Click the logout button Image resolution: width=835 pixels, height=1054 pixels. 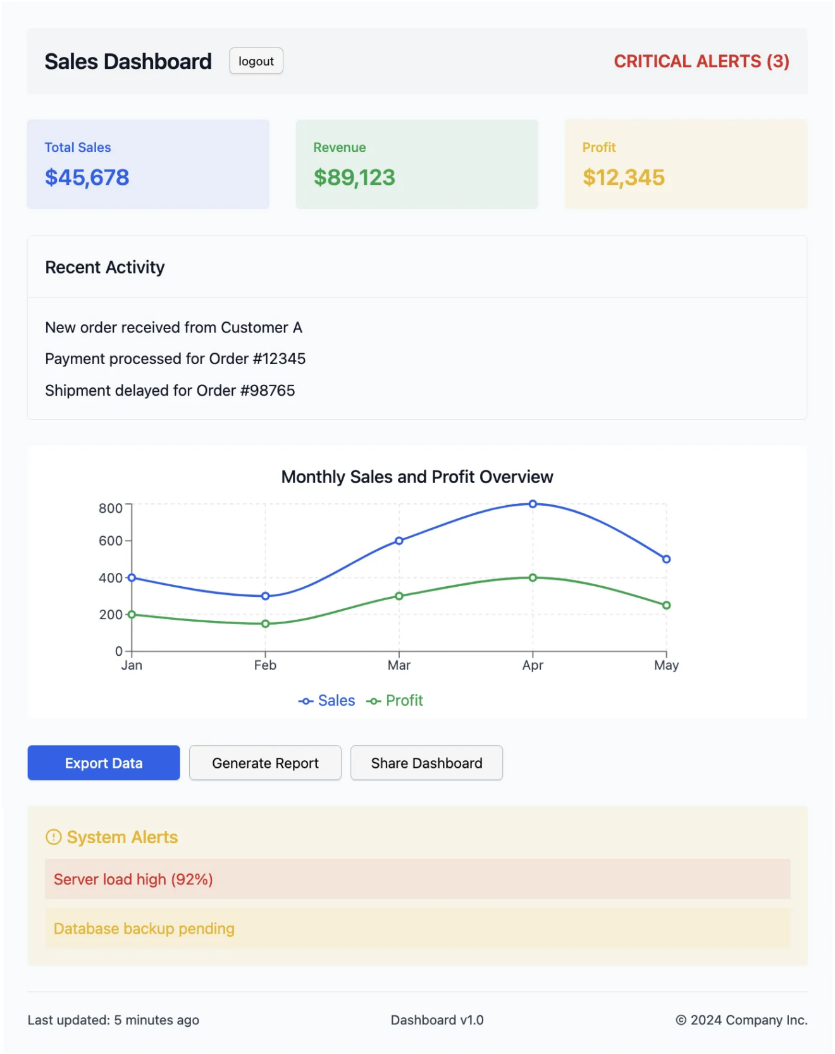pyautogui.click(x=256, y=61)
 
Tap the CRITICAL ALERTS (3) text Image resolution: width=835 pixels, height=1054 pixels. pyautogui.click(x=701, y=61)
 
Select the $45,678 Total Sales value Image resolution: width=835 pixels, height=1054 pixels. pyautogui.click(x=87, y=177)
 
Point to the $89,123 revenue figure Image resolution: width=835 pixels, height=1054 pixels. pyautogui.click(x=354, y=177)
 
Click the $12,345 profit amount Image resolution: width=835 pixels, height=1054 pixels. pyautogui.click(x=623, y=177)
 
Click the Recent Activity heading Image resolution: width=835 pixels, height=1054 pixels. pyautogui.click(x=105, y=267)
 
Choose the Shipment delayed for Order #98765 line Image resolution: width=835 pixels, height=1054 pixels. pyautogui.click(x=170, y=391)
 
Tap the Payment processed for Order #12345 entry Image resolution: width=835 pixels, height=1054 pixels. pyautogui.click(x=175, y=359)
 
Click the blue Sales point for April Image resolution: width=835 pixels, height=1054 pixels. pyautogui.click(x=533, y=504)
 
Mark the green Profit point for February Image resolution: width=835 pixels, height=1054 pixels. pyautogui.click(x=265, y=624)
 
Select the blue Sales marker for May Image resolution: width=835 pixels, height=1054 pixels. pyautogui.click(x=666, y=559)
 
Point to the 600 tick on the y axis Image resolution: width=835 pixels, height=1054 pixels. pyautogui.click(x=111, y=541)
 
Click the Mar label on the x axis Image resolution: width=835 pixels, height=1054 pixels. pyautogui.click(x=399, y=665)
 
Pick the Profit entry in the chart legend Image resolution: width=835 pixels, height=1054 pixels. pyautogui.click(x=395, y=701)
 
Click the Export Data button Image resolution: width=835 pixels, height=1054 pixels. pyautogui.click(x=104, y=763)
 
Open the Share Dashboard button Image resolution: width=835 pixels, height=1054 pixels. pyautogui.click(x=426, y=763)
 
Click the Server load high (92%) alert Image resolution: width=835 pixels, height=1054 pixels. pyautogui.click(x=133, y=879)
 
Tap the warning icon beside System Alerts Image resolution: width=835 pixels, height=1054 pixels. pyautogui.click(x=54, y=837)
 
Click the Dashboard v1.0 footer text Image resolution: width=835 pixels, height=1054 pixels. pyautogui.click(x=436, y=1020)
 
